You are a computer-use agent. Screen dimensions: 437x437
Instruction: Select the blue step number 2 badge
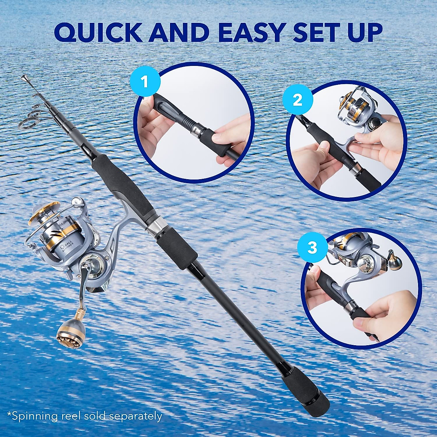pos(298,100)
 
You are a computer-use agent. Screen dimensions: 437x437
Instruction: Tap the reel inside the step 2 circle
pos(353,106)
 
